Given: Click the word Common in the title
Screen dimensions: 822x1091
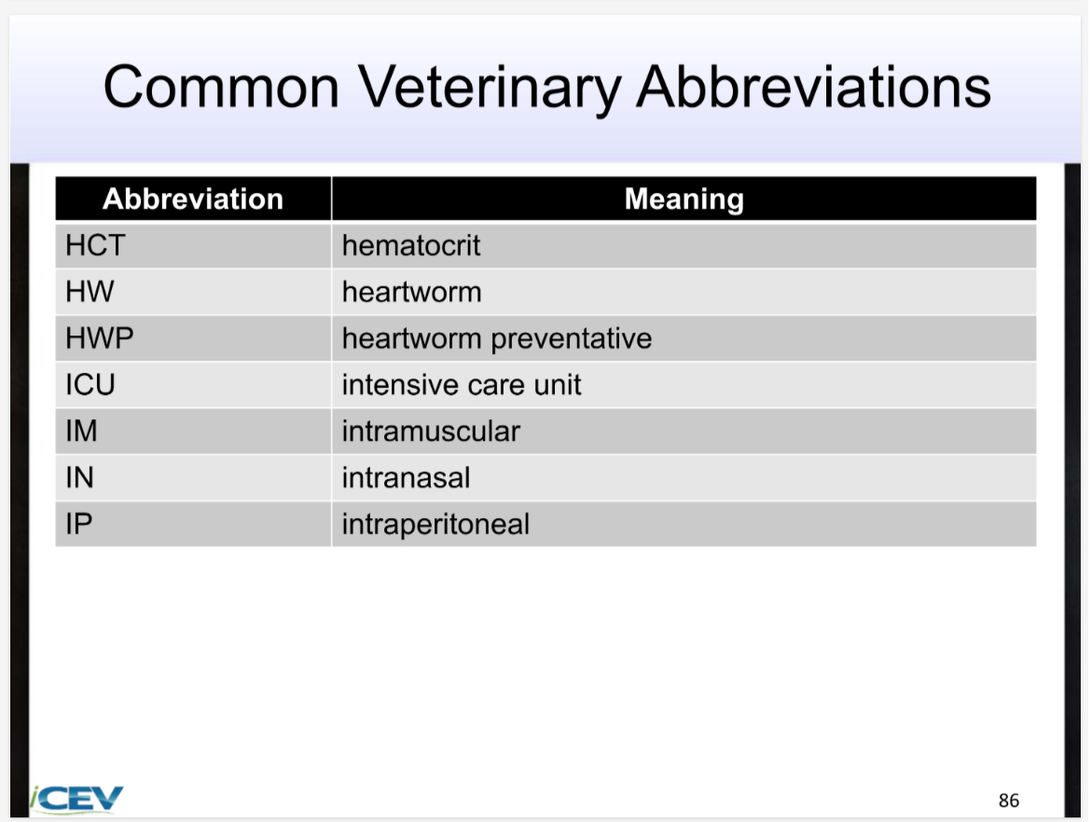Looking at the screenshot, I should pos(221,88).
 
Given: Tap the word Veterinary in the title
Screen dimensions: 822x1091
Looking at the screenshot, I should pos(490,88).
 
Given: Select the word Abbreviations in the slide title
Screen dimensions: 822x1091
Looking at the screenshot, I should pos(813,88).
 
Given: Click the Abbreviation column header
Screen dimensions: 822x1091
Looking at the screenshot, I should pos(193,199).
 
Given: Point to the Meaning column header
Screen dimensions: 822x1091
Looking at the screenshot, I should pos(684,199).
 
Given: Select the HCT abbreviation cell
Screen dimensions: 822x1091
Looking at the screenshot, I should pos(94,246).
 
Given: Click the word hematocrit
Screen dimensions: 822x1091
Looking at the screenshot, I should pos(411,246).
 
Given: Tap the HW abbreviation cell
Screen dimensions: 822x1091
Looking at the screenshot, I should pos(90,293).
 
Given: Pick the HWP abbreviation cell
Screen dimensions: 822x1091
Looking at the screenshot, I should pos(100,338).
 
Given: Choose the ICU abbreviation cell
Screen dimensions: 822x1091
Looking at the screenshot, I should pos(90,385).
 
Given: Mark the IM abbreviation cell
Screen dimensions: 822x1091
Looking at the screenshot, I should pos(82,432).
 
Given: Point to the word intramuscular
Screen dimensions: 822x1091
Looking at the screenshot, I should pos(431,432).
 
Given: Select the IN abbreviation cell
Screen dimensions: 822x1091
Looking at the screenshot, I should pos(79,478).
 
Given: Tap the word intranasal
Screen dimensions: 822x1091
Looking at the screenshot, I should pos(406,478).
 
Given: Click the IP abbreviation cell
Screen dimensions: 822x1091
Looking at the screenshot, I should pos(79,524).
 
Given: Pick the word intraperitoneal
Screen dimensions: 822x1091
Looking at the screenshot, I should pos(435,524).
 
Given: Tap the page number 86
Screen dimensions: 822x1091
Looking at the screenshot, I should pos(1008,801).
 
